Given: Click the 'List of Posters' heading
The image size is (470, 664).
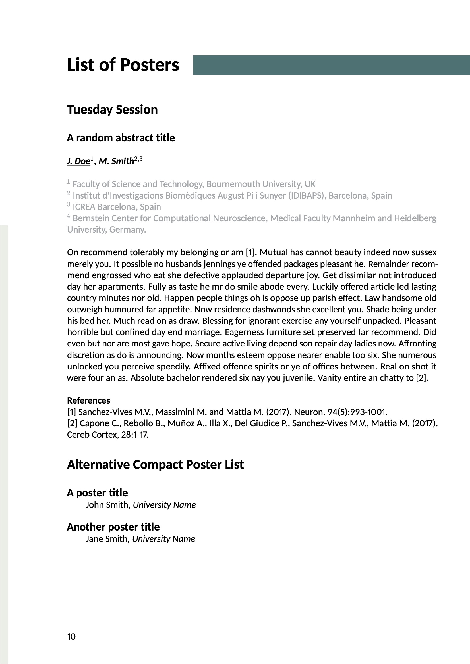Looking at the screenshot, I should tap(123, 65).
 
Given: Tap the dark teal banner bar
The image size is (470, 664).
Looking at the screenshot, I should tap(331, 65).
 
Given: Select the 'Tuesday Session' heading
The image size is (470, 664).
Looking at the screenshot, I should tap(112, 110).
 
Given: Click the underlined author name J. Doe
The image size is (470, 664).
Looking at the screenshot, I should tap(78, 161).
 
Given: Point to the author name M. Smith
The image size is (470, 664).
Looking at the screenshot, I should tap(116, 161).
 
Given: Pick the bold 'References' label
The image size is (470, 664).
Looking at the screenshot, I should tap(88, 400).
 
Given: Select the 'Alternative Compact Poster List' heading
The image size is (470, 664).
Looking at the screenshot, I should tap(155, 465).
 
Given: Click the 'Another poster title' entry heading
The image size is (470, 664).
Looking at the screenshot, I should tap(113, 527).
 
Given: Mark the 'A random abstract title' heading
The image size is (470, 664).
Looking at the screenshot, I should tap(121, 138).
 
